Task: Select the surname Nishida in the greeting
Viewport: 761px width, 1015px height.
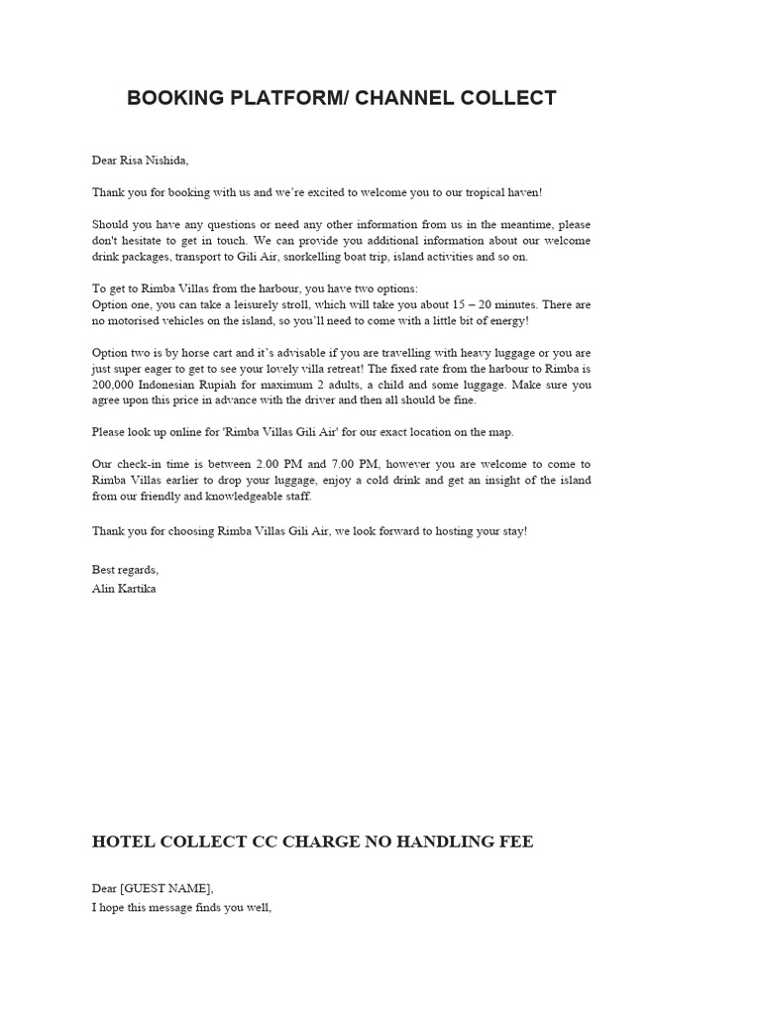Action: click(x=163, y=161)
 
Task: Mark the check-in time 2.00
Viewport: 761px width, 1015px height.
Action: click(x=262, y=464)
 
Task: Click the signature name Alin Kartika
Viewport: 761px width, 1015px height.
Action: click(x=124, y=588)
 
